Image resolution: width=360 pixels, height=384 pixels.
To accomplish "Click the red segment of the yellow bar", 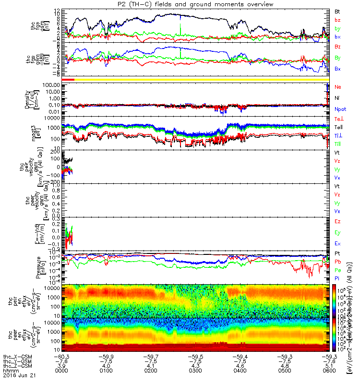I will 68,79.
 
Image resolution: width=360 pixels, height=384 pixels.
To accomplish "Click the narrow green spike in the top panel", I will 180,29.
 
